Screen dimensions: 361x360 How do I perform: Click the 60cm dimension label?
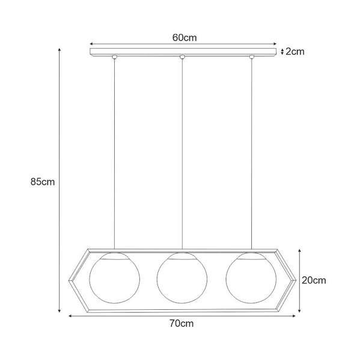(x=185, y=37)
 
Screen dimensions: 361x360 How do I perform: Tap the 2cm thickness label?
(x=294, y=52)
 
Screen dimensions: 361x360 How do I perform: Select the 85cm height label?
(x=43, y=180)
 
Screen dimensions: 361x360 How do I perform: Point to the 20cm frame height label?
(x=314, y=280)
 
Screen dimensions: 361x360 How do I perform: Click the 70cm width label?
(x=181, y=323)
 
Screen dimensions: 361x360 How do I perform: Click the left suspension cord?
(x=114, y=150)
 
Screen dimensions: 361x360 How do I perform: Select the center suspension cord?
(x=182, y=150)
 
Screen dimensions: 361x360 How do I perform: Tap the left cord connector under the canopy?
(x=114, y=58)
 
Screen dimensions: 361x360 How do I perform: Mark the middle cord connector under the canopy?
(x=182, y=58)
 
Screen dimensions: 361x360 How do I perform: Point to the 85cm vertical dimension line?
(x=59, y=180)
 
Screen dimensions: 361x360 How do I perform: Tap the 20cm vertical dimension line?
(x=300, y=280)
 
